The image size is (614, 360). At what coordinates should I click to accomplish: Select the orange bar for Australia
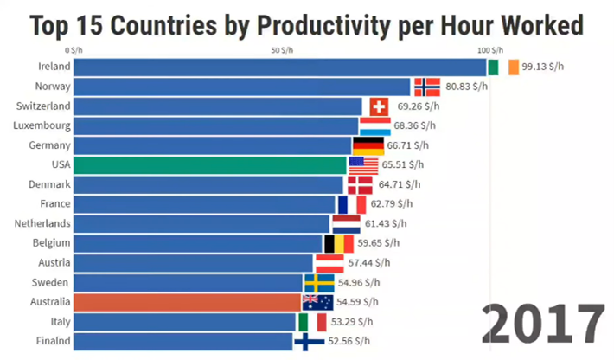[x=187, y=302]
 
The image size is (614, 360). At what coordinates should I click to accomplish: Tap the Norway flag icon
[x=427, y=87]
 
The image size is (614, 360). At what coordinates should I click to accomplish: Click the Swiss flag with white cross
[x=379, y=106]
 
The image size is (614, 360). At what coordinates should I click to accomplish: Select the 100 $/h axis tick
[x=489, y=49]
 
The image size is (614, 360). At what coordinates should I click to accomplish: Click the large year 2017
[x=544, y=323]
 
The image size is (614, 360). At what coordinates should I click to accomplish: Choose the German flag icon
[x=368, y=145]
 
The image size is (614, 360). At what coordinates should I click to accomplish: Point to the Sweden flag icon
[x=319, y=283]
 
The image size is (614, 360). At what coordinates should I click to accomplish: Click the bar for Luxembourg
[x=215, y=125]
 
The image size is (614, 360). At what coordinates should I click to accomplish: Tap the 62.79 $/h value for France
[x=392, y=204]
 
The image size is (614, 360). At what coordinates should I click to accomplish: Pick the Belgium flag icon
[x=338, y=243]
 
